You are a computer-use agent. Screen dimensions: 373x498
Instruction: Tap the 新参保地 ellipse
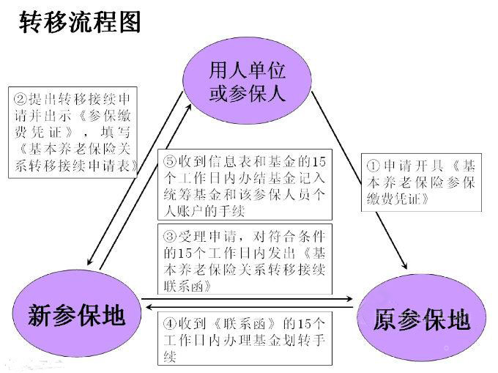coord(76,315)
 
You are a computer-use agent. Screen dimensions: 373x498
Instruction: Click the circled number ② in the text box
coord(21,98)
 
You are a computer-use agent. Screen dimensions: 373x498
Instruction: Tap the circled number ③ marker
coord(170,237)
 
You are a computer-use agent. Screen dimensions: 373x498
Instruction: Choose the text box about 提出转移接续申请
coord(75,132)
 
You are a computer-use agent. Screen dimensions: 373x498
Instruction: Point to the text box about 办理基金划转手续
coord(245,338)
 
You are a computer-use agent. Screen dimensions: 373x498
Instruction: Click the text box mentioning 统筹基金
coord(245,185)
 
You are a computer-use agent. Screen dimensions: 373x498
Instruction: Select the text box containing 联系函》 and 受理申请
coord(245,259)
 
